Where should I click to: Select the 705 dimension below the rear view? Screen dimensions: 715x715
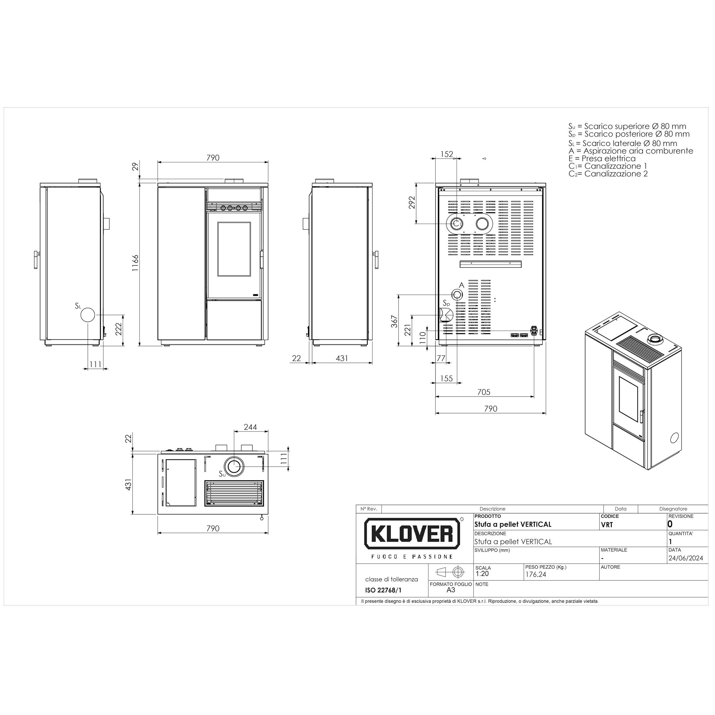click(484, 392)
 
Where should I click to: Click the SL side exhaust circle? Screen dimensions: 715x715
click(88, 315)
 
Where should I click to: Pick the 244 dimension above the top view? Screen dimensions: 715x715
click(250, 427)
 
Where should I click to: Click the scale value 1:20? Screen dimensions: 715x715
click(482, 574)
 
